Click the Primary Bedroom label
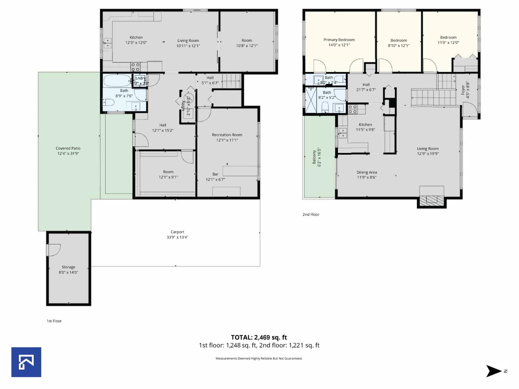click(339, 40)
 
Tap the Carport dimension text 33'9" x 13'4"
click(177, 237)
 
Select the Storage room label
click(68, 267)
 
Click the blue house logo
click(26, 362)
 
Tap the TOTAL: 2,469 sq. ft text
click(259, 337)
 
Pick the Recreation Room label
click(227, 135)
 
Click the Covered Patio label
click(68, 148)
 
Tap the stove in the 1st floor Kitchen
click(136, 67)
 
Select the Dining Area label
click(367, 172)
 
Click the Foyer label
click(463, 90)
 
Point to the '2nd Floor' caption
click(311, 215)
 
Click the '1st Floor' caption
click(54, 321)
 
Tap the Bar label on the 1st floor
click(215, 174)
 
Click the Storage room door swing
click(54, 250)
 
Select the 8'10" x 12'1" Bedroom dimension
click(399, 46)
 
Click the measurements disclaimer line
click(259, 359)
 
